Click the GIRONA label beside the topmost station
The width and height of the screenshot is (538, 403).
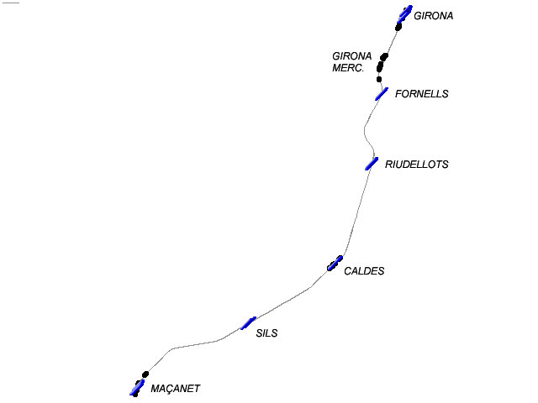(434, 16)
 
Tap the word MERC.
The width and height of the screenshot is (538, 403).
(348, 68)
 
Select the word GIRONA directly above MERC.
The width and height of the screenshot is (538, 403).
(352, 56)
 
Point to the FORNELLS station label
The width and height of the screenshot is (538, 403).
(421, 94)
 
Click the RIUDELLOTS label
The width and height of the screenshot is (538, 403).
(416, 165)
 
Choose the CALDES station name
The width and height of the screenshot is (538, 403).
(364, 272)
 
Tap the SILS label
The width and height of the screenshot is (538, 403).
(266, 333)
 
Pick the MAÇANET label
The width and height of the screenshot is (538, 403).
(176, 389)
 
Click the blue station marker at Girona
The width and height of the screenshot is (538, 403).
(404, 13)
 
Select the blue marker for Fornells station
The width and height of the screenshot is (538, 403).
(382, 93)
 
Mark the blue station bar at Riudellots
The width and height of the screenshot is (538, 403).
(372, 163)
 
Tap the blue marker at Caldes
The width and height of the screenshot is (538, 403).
(335, 264)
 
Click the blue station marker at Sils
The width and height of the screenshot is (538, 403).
(249, 322)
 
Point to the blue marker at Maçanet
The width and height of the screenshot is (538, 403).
(136, 387)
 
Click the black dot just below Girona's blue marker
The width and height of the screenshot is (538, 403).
(398, 27)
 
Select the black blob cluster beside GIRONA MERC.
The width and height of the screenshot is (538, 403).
(382, 62)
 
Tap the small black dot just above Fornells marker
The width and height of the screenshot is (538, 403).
(380, 81)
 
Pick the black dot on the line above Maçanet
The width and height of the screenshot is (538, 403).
(145, 374)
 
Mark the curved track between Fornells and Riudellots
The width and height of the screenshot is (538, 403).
(366, 130)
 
